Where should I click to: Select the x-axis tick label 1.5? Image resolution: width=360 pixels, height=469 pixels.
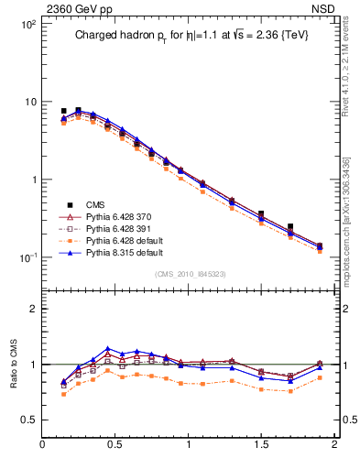point(262,445)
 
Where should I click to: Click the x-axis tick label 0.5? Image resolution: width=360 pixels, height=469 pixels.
point(116,445)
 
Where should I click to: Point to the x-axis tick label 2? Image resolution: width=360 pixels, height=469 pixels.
point(334,445)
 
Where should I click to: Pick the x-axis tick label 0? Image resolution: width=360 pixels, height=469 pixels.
point(43,445)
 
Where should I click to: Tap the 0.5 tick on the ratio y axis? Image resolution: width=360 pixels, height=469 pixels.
point(28,420)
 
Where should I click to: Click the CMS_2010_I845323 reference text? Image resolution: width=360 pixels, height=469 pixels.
point(189,274)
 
